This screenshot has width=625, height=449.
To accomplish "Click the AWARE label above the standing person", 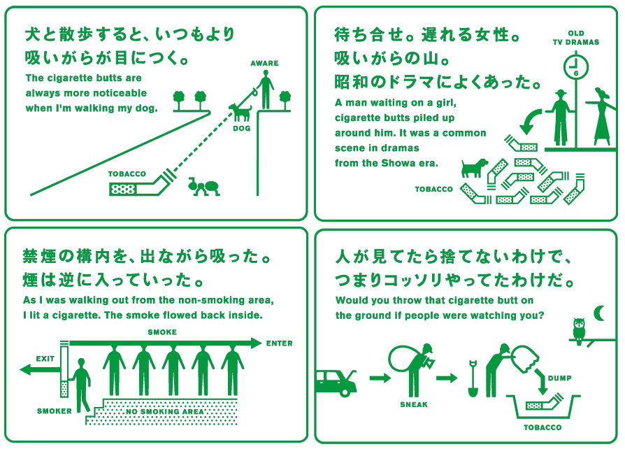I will [x=264, y=64].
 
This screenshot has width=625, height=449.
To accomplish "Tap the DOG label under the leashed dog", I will [x=242, y=129].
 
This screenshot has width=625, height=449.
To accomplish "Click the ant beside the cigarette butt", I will [x=204, y=186].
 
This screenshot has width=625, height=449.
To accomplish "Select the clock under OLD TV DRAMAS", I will [x=576, y=68].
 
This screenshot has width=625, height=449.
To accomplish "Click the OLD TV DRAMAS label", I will [x=576, y=38].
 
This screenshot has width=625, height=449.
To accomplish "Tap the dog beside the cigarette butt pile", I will [x=474, y=167].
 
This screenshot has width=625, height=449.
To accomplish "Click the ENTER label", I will [x=279, y=343].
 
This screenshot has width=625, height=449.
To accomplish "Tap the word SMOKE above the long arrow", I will [x=162, y=332].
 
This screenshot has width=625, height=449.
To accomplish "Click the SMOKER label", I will [x=55, y=411].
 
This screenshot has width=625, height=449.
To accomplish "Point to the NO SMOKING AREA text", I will [x=165, y=412].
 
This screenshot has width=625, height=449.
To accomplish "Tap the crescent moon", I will [x=600, y=313].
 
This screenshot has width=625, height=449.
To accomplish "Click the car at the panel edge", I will [x=336, y=380].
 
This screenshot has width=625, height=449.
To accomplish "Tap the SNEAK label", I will [x=414, y=404].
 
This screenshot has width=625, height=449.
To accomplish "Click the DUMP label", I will [x=559, y=378].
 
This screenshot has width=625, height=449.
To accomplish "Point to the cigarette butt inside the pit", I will [x=543, y=404].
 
